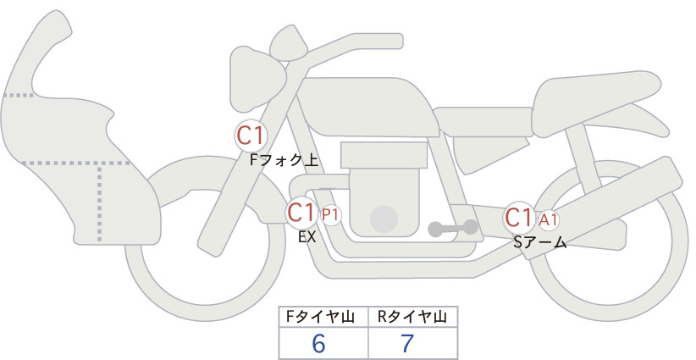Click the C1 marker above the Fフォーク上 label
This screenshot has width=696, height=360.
251,135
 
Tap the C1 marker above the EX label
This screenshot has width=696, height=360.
302,213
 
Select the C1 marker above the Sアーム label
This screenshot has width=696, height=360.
518,218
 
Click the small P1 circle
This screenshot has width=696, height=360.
330,215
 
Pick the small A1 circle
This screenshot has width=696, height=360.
548,219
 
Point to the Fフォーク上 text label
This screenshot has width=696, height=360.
284,158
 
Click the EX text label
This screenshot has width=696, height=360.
307,237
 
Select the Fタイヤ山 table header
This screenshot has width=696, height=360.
323,317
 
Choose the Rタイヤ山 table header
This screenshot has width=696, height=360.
412,317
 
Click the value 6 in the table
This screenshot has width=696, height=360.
319,343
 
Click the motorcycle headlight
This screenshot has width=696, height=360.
289,42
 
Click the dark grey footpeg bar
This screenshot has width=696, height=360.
453,228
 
